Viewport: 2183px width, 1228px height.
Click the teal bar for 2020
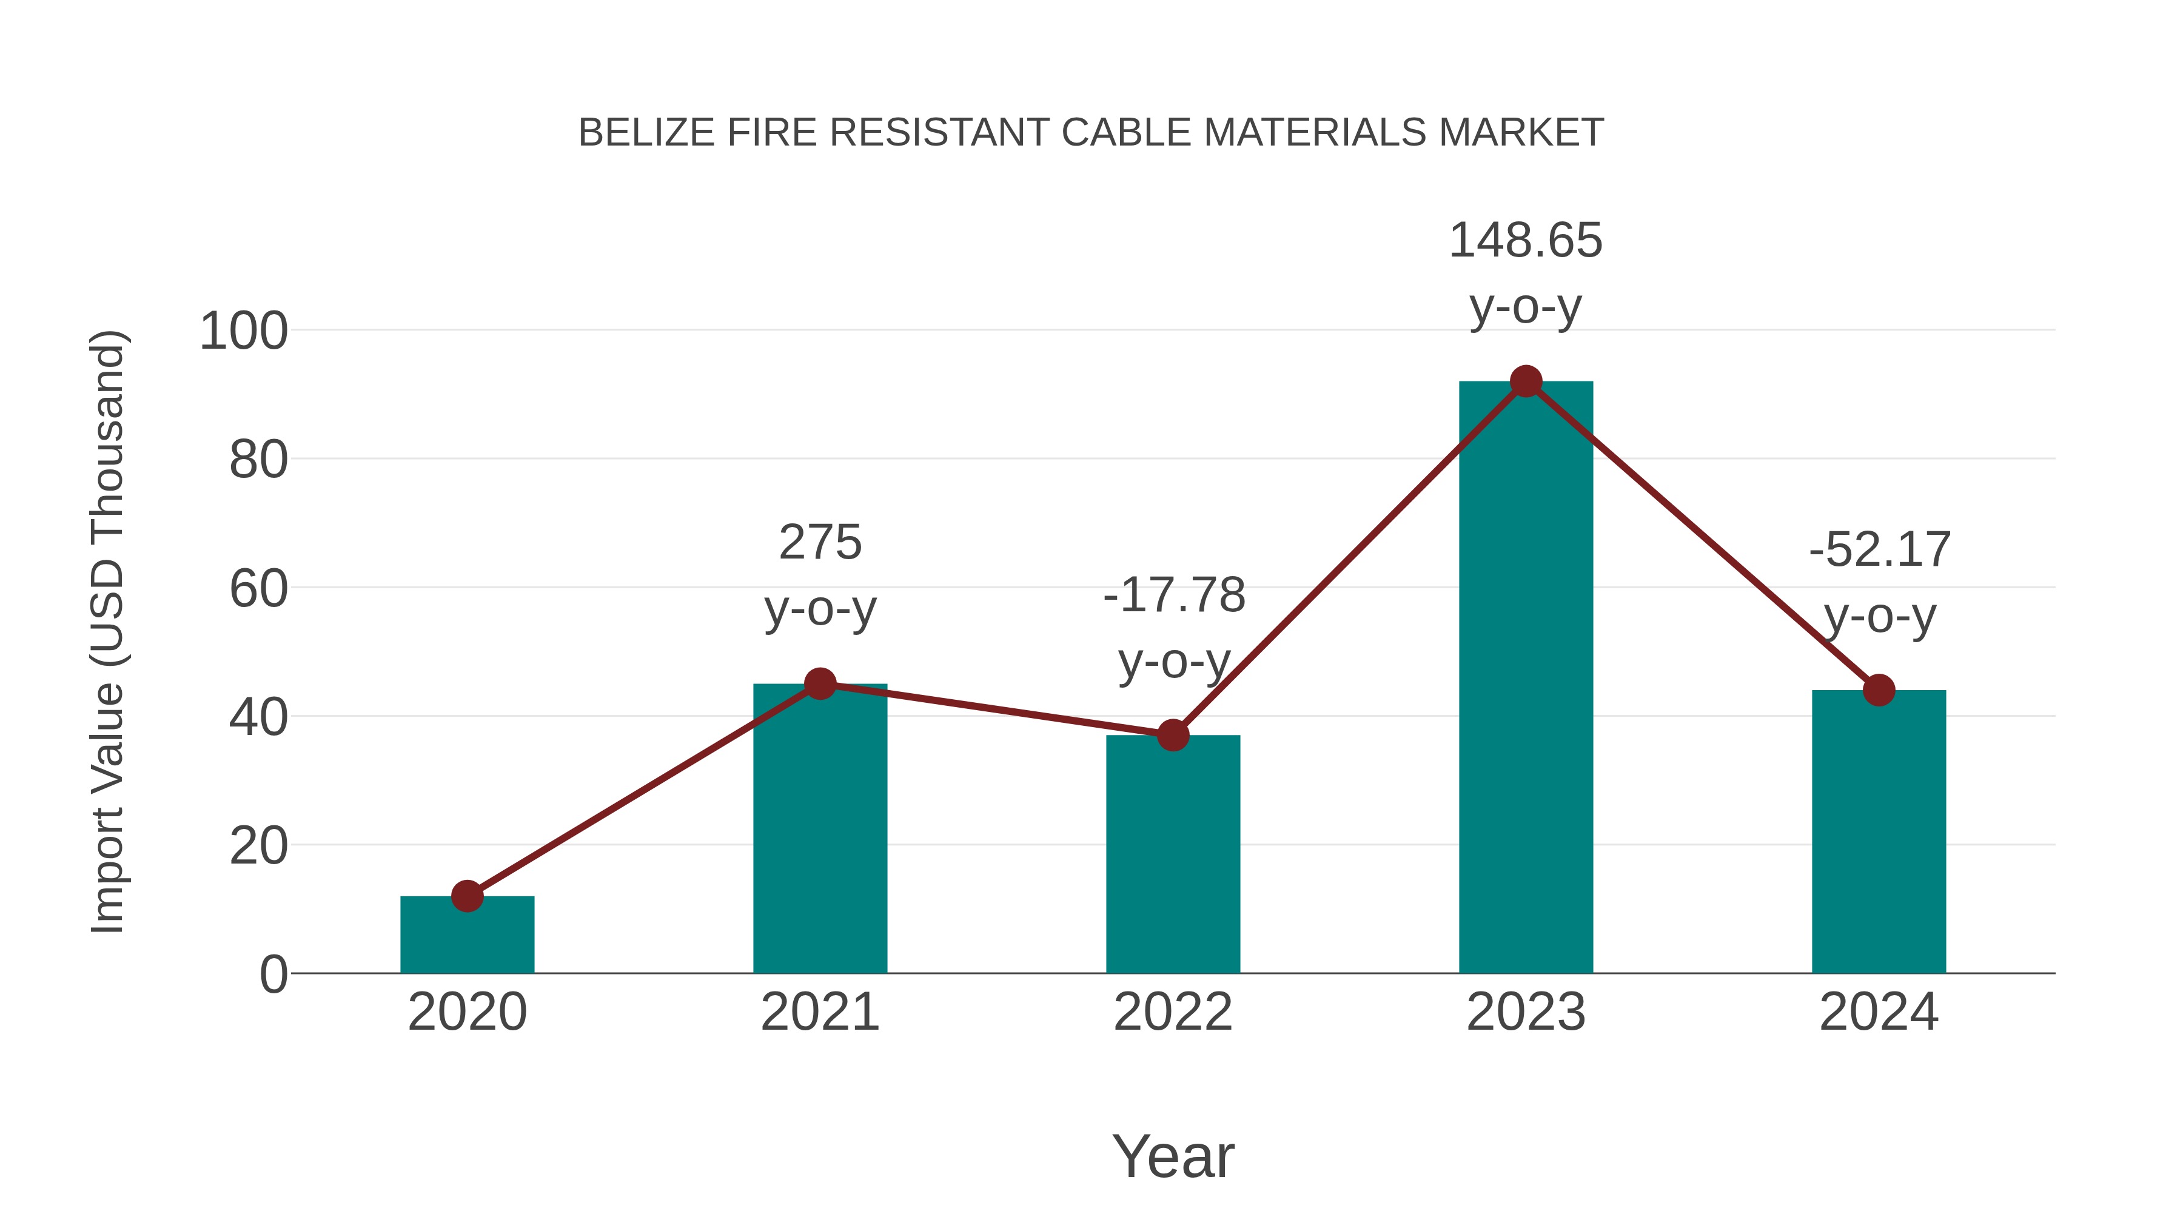tap(467, 936)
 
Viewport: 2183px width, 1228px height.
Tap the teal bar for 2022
tap(1173, 856)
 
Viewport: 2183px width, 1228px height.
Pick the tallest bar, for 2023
tap(1526, 678)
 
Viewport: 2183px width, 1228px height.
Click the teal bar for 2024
tap(1879, 835)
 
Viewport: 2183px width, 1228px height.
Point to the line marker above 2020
tap(467, 896)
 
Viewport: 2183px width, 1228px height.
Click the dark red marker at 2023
tap(1526, 382)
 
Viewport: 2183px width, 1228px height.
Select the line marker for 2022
tap(1173, 736)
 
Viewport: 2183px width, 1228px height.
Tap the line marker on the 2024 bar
tap(1879, 691)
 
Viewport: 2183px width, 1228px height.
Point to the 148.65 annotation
tap(1526, 241)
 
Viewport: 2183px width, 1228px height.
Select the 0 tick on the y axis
tap(273, 975)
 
